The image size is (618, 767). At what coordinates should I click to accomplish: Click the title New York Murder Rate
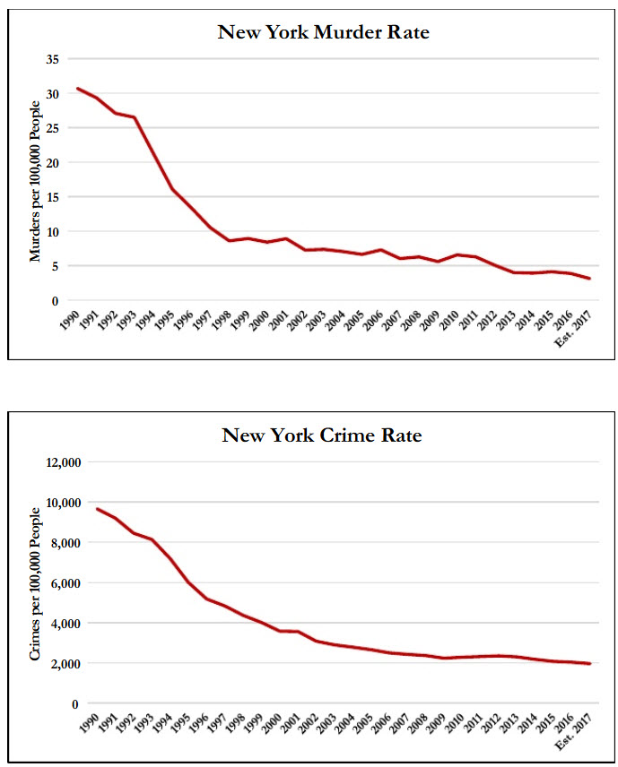323,33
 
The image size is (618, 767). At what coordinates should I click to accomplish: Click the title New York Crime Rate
321,436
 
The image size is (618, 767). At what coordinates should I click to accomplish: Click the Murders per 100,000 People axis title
36,182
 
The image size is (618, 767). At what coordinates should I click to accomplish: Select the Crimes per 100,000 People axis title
36,582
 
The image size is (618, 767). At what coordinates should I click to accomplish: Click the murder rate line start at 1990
78,89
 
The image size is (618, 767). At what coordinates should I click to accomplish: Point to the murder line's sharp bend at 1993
135,117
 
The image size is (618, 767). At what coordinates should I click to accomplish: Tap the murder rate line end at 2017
589,279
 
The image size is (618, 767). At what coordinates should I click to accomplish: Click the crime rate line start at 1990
97,509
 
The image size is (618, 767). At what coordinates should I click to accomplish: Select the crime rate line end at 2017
589,664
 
